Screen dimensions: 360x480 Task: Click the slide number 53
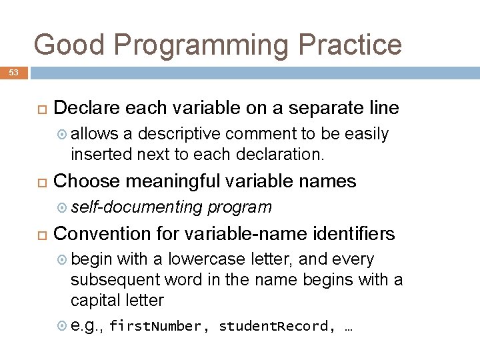pyautogui.click(x=14, y=72)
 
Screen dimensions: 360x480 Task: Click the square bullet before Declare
pyautogui.click(x=39, y=109)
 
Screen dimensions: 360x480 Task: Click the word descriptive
pyautogui.click(x=178, y=134)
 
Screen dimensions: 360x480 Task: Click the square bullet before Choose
pyautogui.click(x=39, y=182)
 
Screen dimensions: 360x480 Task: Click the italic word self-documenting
pyautogui.click(x=137, y=207)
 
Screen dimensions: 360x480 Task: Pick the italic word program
pyautogui.click(x=240, y=207)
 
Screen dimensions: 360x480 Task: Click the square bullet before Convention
pyautogui.click(x=39, y=235)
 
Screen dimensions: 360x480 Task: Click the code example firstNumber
pyautogui.click(x=155, y=327)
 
